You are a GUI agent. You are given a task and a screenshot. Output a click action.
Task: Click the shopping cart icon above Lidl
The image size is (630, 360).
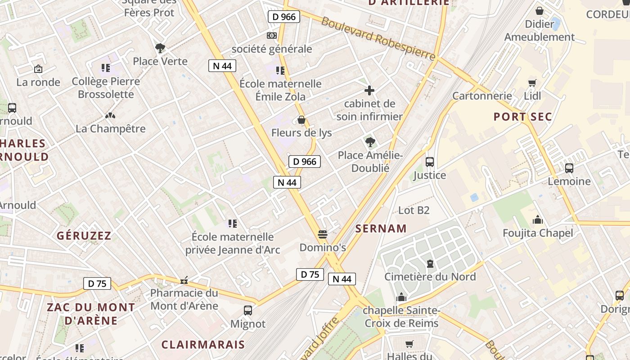(x=532, y=83)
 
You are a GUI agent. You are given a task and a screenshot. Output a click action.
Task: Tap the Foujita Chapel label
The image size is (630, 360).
(x=538, y=233)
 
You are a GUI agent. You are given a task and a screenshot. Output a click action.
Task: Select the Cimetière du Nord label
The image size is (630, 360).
(x=430, y=276)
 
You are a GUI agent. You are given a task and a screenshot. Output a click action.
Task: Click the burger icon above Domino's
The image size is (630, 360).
(x=322, y=234)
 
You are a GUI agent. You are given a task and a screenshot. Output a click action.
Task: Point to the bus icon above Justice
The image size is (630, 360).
(x=430, y=162)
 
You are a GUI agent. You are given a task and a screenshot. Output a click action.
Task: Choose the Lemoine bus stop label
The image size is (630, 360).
(x=569, y=181)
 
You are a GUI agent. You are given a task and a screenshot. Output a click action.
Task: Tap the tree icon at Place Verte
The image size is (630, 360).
(x=160, y=48)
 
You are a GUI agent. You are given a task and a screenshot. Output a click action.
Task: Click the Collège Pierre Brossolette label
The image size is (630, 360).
(x=106, y=88)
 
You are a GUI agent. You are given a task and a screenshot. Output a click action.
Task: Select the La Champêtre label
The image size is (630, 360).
(x=110, y=129)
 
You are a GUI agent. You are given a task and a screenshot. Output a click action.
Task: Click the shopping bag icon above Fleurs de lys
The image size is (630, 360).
(x=301, y=120)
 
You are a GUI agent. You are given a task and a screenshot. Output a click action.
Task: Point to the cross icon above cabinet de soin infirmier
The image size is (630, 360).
(x=369, y=90)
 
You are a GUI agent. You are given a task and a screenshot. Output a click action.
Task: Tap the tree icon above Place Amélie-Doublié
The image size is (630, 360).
(x=370, y=143)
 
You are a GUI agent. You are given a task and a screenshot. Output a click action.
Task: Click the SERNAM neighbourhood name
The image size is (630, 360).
(x=381, y=229)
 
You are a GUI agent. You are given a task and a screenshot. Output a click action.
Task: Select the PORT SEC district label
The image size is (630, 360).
(x=522, y=117)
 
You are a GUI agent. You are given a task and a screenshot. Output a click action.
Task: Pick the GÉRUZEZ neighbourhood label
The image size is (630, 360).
(x=84, y=235)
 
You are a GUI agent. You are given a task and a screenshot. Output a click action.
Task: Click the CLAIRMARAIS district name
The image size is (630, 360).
(x=203, y=345)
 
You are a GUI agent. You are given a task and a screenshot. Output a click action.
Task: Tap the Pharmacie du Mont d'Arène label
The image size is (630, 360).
(x=184, y=299)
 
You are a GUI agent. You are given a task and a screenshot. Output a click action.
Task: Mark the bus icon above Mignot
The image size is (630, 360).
(x=247, y=310)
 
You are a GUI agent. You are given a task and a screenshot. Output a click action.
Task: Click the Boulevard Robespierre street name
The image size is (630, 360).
(x=378, y=39)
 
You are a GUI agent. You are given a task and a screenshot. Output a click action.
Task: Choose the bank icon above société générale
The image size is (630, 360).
(x=271, y=36)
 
